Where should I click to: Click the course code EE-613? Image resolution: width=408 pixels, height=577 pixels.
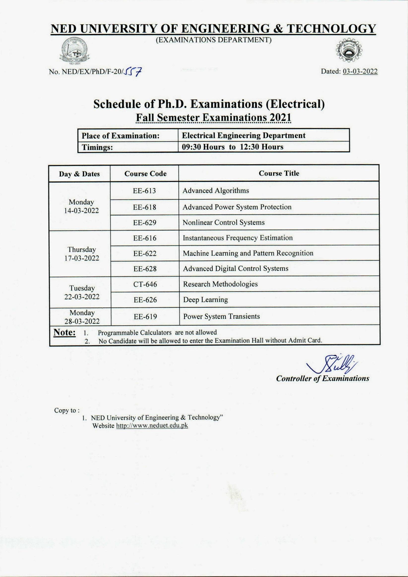[x=144, y=191]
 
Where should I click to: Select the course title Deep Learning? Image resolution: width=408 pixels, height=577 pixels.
[x=205, y=300]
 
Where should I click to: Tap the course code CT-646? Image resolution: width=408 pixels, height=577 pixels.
[x=145, y=284]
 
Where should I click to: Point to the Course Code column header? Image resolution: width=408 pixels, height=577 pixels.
[x=145, y=174]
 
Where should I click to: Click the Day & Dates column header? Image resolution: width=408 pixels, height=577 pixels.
[x=79, y=174]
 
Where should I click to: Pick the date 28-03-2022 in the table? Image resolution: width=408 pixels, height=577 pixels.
[x=82, y=321]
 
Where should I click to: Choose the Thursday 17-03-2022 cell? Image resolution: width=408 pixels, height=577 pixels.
[x=82, y=254]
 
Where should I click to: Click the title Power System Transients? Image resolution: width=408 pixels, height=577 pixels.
[x=221, y=316]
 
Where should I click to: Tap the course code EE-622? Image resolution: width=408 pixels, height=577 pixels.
[x=145, y=253]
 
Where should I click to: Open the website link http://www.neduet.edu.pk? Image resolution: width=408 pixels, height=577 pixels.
[x=152, y=425]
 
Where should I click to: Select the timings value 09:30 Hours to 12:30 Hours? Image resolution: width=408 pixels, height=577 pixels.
[x=233, y=147]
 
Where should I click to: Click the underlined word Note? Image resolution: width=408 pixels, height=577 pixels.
[x=64, y=333]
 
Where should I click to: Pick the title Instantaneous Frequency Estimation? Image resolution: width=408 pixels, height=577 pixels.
[x=238, y=238]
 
